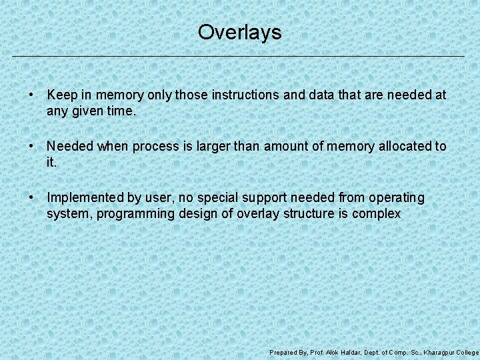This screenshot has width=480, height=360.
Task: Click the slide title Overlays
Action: (x=239, y=32)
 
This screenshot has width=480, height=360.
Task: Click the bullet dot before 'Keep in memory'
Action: (x=31, y=95)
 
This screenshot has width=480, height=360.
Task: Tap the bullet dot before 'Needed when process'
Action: (x=31, y=146)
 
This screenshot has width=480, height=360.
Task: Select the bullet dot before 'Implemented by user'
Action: (x=31, y=198)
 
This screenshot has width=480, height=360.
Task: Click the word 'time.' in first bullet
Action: (x=121, y=111)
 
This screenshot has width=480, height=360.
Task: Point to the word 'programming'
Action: (x=130, y=214)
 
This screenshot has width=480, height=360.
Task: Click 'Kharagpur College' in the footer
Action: (x=451, y=352)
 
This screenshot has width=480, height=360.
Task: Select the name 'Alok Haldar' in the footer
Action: (x=342, y=352)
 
